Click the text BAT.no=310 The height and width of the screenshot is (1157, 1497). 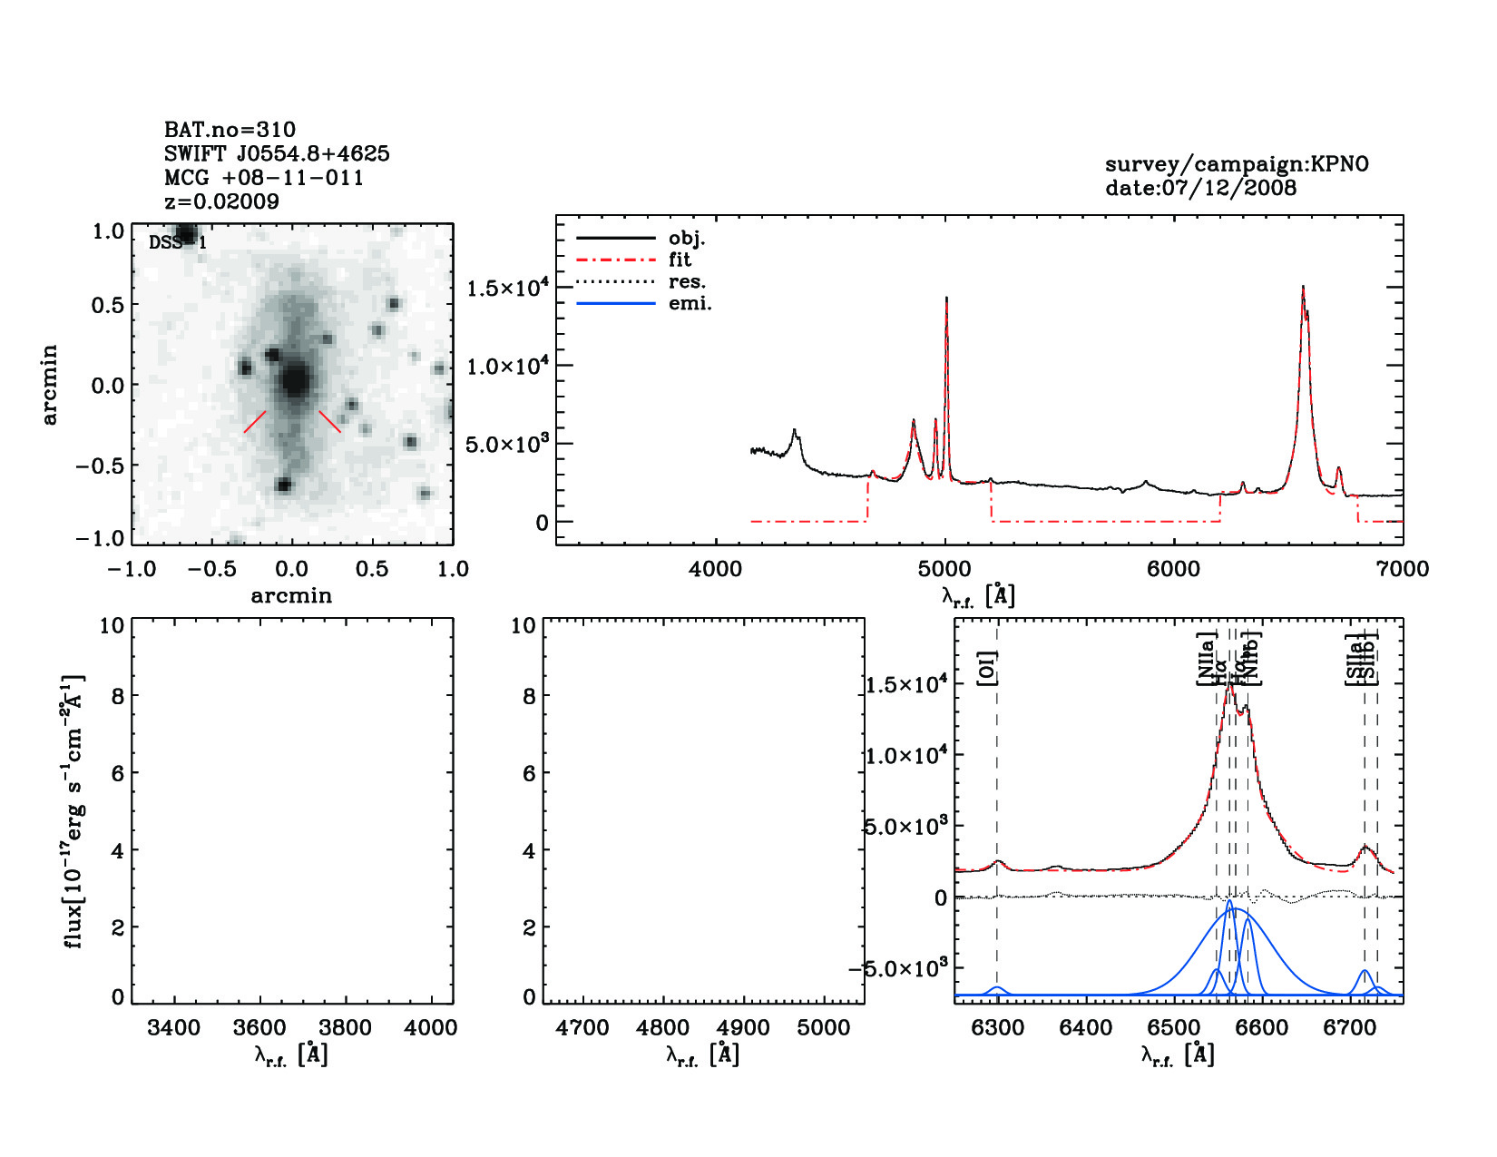[230, 130]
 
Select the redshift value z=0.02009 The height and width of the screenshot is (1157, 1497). [221, 201]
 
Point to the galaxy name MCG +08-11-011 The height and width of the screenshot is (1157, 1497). [263, 178]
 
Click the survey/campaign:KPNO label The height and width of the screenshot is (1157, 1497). [1236, 165]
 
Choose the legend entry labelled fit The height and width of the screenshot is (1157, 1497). [680, 260]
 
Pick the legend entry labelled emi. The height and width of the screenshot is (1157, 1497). [690, 304]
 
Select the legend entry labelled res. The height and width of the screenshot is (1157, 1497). [687, 282]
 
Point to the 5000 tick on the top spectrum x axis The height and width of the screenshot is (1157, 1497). [944, 570]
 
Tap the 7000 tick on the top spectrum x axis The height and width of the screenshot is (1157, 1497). [1402, 570]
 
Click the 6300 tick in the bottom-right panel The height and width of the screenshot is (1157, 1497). [997, 1028]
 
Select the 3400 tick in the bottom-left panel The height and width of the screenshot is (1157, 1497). [173, 1028]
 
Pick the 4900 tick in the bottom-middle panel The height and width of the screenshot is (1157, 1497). [743, 1028]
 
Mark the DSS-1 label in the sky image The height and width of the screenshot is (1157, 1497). [177, 242]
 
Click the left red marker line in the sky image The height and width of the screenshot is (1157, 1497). [255, 421]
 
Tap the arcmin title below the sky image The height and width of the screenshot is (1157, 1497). [291, 596]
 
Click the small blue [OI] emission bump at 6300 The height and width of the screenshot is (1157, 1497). [997, 990]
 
